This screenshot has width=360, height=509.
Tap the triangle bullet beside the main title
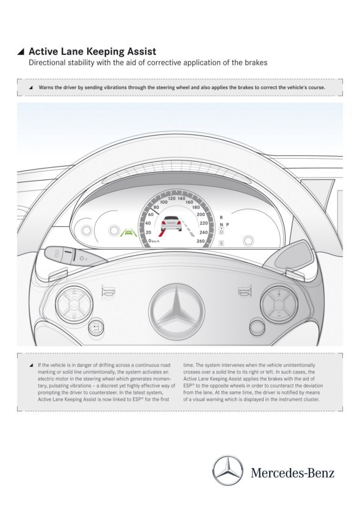click(21, 52)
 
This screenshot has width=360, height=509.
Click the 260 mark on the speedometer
click(201, 241)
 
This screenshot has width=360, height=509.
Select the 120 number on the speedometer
click(171, 198)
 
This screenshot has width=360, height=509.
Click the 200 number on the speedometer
click(201, 214)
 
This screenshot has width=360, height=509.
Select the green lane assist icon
click(128, 232)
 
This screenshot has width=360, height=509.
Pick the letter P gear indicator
click(227, 225)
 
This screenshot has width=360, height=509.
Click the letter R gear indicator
click(221, 217)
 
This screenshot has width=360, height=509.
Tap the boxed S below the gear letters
click(221, 243)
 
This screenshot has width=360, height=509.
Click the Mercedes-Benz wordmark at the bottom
click(292, 472)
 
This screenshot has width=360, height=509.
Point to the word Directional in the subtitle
click(47, 63)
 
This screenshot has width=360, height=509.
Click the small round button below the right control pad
click(257, 327)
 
